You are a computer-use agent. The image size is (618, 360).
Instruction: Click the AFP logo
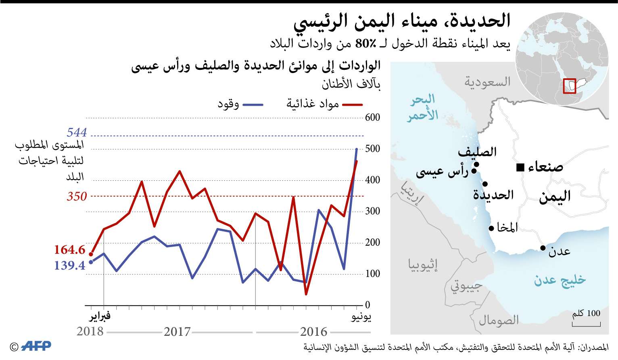[x=36, y=346]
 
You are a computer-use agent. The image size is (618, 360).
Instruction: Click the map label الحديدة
[x=493, y=195]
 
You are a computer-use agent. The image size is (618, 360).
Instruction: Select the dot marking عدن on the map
[x=543, y=248]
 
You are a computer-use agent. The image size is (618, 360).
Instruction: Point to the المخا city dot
[x=491, y=228]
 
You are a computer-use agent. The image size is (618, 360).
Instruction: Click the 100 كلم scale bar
[x=586, y=324]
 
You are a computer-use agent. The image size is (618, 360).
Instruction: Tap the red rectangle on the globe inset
[x=569, y=86]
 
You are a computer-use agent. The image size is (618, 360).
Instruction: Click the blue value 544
[x=77, y=132]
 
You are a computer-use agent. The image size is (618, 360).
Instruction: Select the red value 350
[x=77, y=197]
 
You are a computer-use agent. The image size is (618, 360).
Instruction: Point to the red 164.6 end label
[x=70, y=250]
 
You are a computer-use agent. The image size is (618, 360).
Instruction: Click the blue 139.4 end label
[x=70, y=266]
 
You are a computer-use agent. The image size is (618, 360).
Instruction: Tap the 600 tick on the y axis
[x=372, y=117]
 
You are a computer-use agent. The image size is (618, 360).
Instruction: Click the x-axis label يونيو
[x=361, y=317]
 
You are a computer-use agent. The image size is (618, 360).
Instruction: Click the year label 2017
[x=177, y=332]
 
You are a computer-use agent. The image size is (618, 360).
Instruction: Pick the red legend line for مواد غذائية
[x=352, y=105]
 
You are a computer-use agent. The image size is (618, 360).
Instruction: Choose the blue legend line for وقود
[x=253, y=105]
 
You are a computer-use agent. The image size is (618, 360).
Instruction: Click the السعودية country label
[x=487, y=82]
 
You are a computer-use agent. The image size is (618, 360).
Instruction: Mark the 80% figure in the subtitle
[x=365, y=44]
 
